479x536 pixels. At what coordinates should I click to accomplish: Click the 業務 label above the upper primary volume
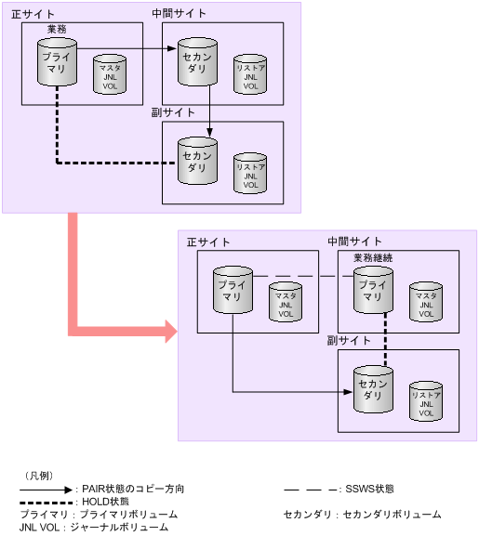57,30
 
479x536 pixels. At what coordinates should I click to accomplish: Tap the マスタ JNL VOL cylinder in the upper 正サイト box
110,75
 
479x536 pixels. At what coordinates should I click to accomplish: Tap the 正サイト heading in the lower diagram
207,242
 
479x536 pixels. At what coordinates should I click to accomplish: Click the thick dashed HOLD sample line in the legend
46,502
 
